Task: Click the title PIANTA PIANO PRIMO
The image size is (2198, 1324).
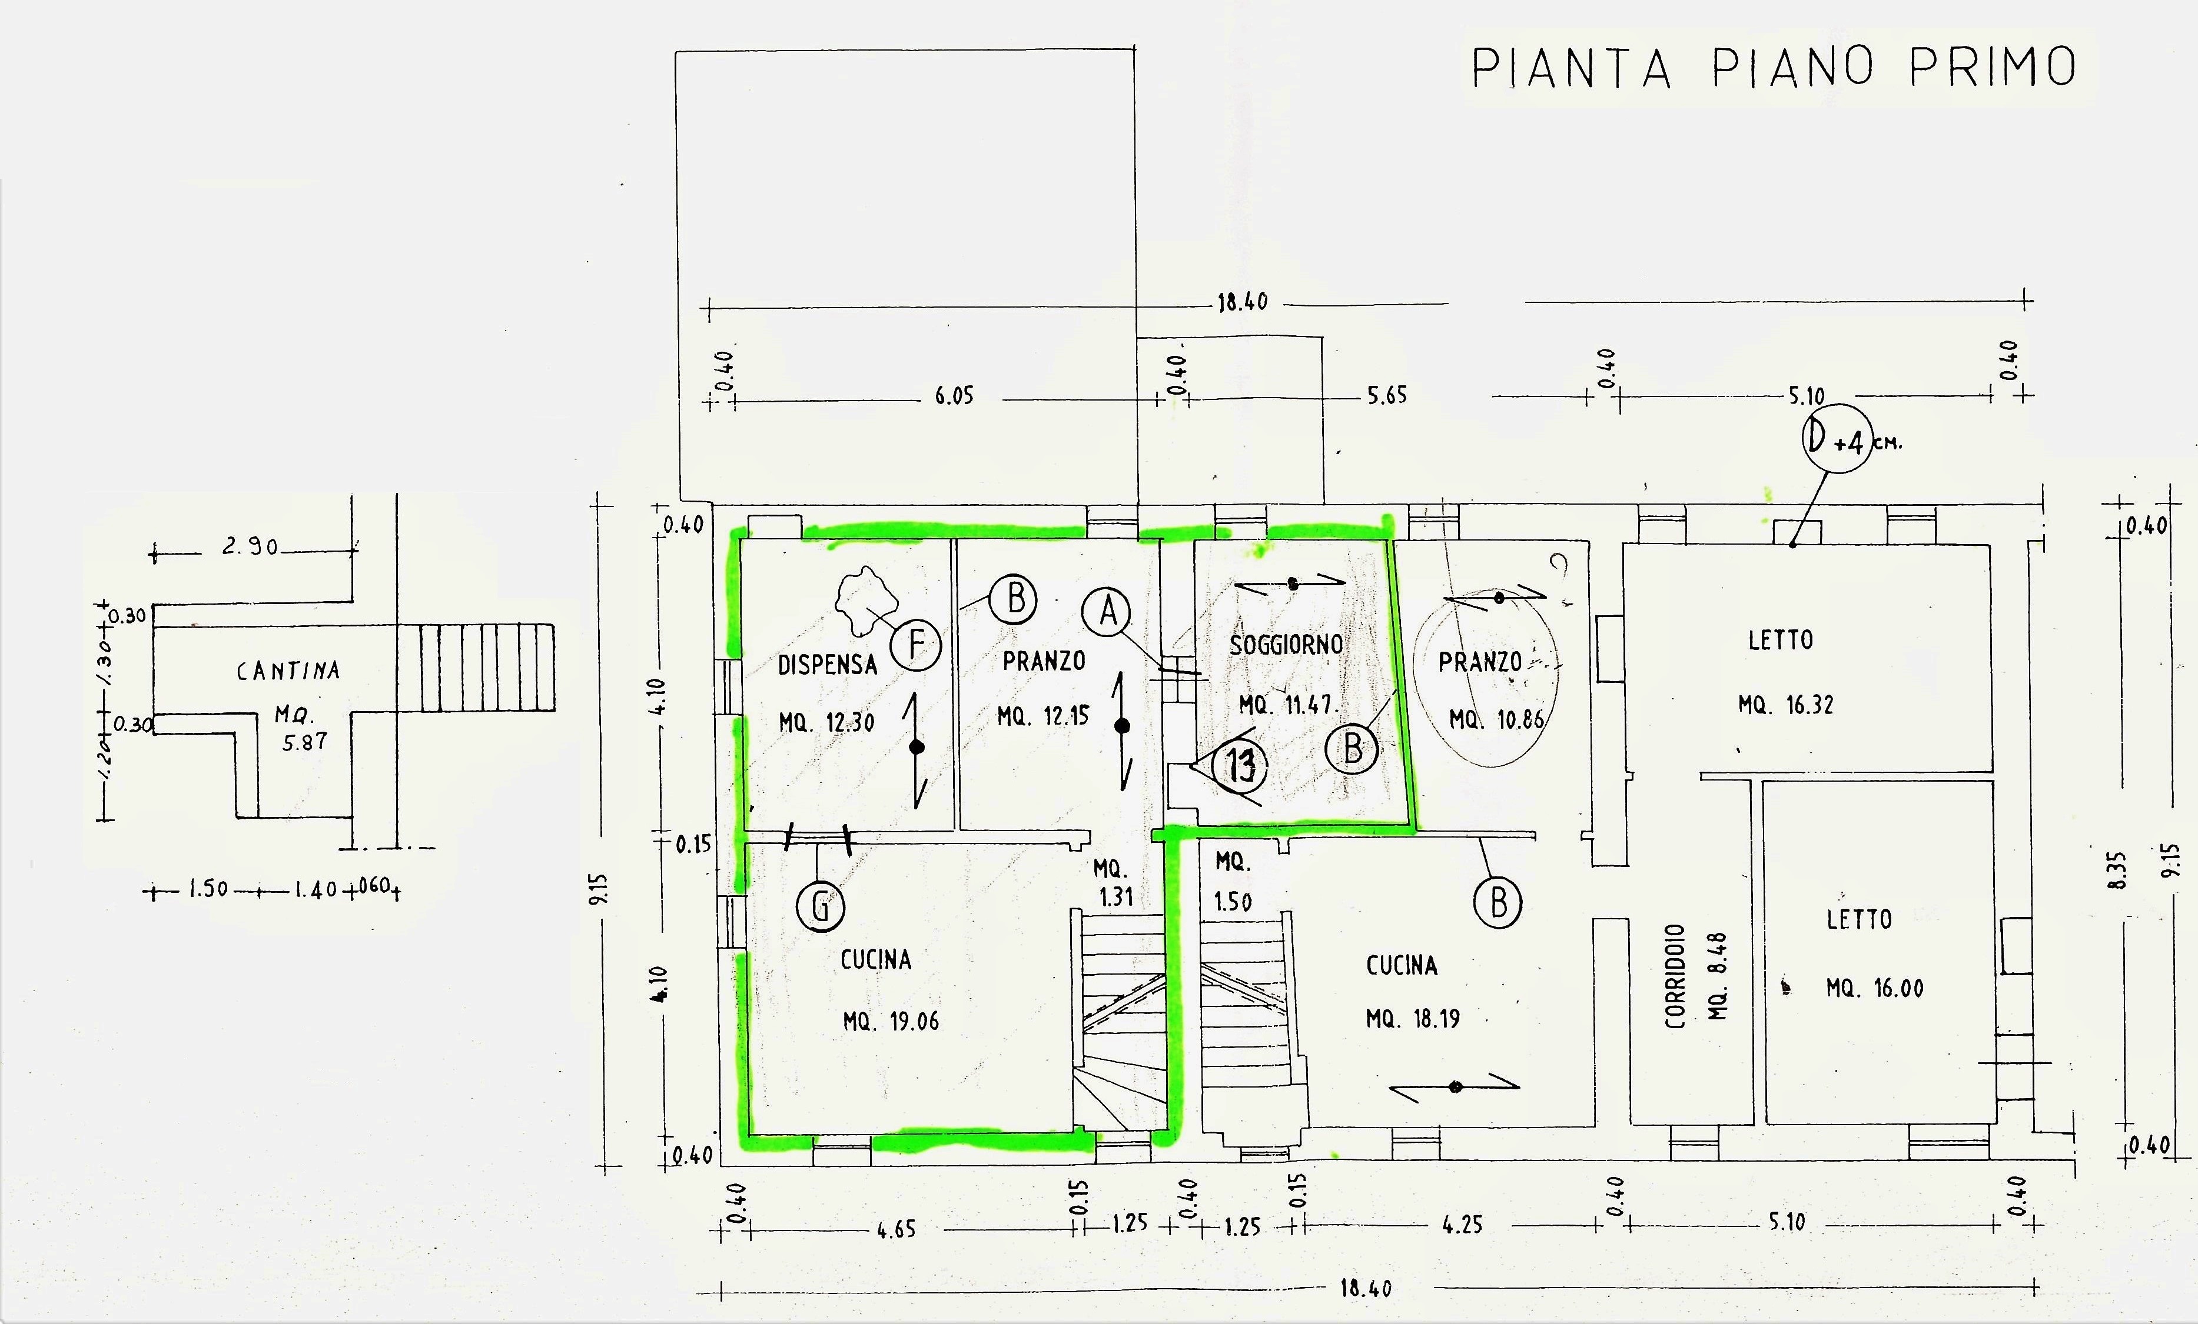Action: tap(1774, 68)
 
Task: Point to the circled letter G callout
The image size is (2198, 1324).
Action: tap(820, 907)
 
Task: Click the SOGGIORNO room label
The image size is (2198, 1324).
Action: tap(1286, 645)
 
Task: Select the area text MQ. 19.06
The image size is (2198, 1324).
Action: tap(891, 1021)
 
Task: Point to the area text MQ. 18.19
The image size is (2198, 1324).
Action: tap(1413, 1018)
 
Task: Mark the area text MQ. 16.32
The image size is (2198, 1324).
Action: tap(1786, 705)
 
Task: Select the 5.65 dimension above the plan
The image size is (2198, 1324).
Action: tap(1387, 396)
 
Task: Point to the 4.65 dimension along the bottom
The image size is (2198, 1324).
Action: tap(895, 1229)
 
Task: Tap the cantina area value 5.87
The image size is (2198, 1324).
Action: tap(305, 742)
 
